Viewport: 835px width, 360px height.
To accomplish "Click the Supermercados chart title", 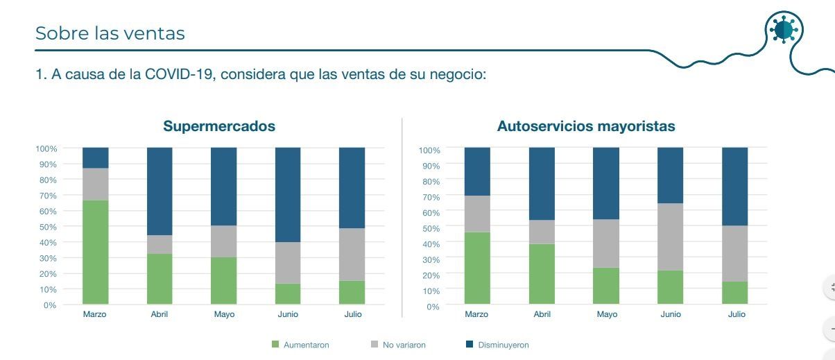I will point(219,127).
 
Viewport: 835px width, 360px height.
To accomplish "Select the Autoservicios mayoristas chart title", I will point(586,127).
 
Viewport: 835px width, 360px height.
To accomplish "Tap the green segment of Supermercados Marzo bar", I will point(96,252).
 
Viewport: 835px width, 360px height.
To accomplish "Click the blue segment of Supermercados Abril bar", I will point(160,191).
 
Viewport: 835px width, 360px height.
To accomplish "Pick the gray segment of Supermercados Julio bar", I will point(352,255).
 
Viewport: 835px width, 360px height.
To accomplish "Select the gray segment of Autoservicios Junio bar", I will point(671,237).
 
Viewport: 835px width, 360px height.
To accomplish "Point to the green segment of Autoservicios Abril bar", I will point(542,274).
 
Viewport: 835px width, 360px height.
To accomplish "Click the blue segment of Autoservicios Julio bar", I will point(735,186).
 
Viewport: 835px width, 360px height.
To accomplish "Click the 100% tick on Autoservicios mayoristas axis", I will point(429,151).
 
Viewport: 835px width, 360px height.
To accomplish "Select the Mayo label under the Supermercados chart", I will point(224,314).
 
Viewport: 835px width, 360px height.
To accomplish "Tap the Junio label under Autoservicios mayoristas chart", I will point(671,314).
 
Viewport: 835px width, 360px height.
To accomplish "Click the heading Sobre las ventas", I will point(110,33).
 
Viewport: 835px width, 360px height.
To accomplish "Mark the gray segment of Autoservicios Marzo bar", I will point(477,214).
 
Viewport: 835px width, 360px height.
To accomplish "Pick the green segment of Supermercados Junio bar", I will point(288,293).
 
